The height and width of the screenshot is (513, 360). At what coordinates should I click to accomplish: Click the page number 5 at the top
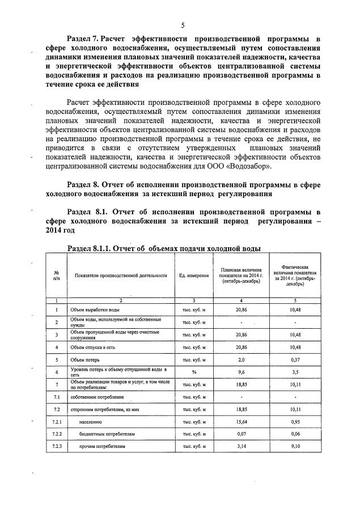pyautogui.click(x=183, y=25)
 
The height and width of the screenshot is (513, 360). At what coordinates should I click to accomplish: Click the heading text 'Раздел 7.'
pyautogui.click(x=83, y=39)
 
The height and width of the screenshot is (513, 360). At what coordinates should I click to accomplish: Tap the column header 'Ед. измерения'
pyautogui.click(x=193, y=275)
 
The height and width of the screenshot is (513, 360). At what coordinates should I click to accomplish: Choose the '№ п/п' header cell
pyautogui.click(x=56, y=275)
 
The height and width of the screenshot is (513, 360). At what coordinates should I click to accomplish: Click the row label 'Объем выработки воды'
pyautogui.click(x=95, y=310)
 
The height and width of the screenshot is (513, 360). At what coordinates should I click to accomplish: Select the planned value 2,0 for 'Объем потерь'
pyautogui.click(x=242, y=359)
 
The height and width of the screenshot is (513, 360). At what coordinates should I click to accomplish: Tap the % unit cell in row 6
pyautogui.click(x=193, y=372)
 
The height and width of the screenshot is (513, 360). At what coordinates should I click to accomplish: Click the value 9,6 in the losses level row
pyautogui.click(x=242, y=372)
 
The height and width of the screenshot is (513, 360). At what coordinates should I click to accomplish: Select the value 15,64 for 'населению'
pyautogui.click(x=242, y=422)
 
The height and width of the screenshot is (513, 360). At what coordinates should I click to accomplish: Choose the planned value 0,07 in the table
pyautogui.click(x=242, y=434)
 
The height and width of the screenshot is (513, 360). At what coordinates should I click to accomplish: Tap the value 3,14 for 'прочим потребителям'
pyautogui.click(x=242, y=447)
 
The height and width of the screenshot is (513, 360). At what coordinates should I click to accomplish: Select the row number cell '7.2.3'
pyautogui.click(x=56, y=447)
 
